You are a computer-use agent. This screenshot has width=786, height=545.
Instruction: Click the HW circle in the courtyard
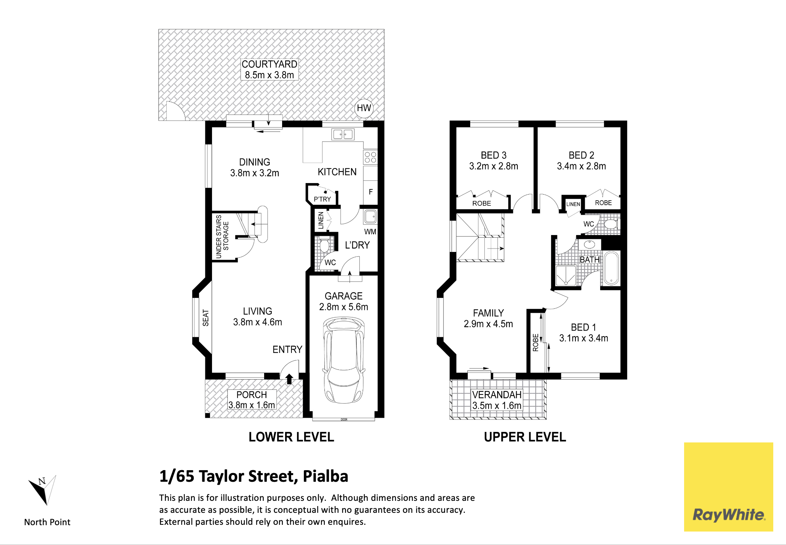point(364,108)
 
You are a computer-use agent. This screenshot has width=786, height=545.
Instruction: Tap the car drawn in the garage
point(344,360)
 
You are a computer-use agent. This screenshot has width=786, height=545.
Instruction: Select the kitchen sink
point(343,134)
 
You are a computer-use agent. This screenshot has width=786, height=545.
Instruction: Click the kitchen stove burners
point(370,157)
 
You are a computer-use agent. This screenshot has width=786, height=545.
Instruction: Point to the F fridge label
point(371,192)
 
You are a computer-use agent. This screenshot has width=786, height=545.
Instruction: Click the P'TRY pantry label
point(322,199)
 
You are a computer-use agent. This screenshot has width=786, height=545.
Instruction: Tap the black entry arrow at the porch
point(289,379)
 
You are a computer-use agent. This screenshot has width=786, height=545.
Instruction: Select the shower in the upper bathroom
point(566,276)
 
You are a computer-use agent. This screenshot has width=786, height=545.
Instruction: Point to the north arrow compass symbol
point(43,490)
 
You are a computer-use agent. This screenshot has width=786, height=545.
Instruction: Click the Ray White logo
point(728,487)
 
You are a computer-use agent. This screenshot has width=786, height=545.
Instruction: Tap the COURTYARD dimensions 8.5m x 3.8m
point(269,75)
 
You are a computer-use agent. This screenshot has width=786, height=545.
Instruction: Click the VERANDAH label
point(497,395)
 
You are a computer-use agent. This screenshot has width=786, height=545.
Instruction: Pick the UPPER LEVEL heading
point(525,437)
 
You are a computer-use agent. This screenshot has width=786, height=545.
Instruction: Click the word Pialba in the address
point(325,476)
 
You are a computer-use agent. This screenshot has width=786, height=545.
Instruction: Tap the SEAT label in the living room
point(206,317)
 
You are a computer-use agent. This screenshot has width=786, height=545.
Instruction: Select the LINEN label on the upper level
point(573,204)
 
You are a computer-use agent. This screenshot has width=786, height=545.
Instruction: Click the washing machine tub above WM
point(370,216)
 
